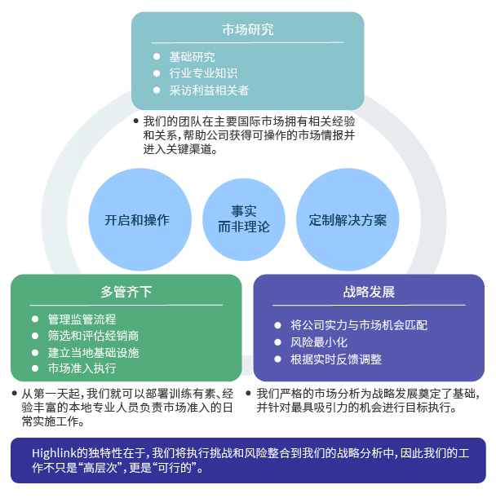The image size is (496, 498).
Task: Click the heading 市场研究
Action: click(248, 29)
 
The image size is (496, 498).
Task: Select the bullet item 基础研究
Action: click(192, 57)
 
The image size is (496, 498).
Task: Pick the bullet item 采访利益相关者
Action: click(209, 90)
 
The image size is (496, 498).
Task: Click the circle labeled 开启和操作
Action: click(137, 220)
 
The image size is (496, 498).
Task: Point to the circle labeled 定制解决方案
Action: click(348, 220)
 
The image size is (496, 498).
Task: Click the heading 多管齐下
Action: click(126, 292)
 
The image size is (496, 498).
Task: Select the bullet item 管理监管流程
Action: click(82, 320)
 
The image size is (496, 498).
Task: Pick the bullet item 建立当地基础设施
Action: click(93, 352)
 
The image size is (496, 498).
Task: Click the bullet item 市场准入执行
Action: click(82, 368)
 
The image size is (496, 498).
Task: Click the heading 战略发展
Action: click(369, 292)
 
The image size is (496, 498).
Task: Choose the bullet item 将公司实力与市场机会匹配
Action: click(359, 325)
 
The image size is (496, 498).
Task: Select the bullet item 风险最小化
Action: click(319, 342)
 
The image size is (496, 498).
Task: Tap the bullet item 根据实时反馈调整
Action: click(336, 359)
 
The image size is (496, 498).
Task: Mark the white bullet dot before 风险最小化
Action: click(277, 342)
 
